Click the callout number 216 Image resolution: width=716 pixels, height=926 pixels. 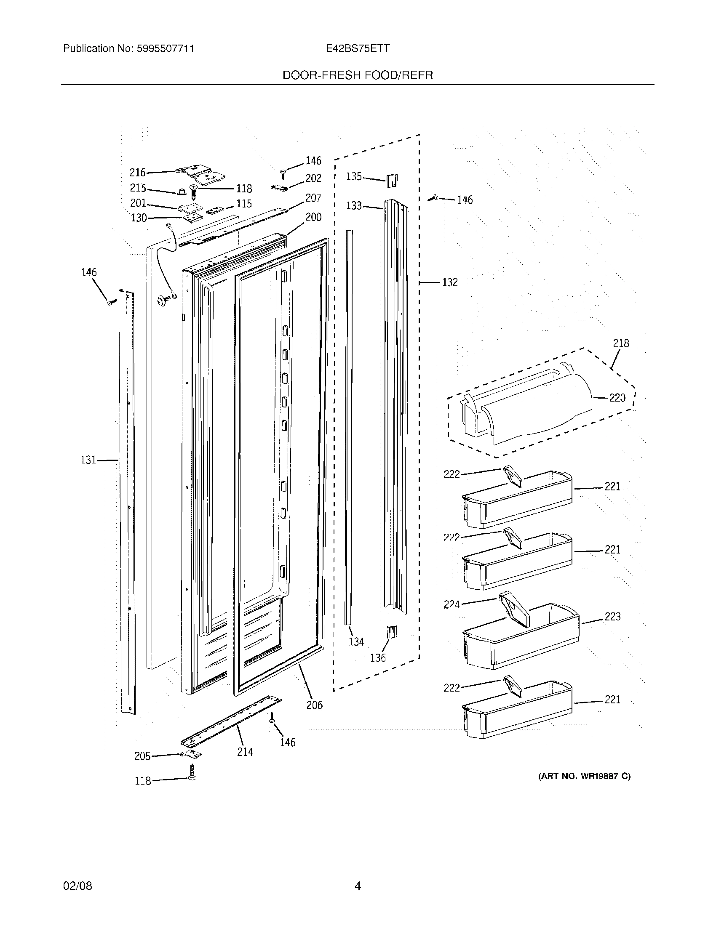[x=137, y=172]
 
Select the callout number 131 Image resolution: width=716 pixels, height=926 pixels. [x=88, y=460]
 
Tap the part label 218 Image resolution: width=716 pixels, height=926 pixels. [x=621, y=343]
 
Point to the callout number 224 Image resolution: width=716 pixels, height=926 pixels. [x=452, y=604]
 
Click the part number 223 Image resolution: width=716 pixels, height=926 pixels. [x=612, y=617]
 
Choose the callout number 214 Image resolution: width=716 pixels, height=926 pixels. [x=245, y=752]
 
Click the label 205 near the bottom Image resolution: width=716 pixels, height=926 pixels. [x=142, y=756]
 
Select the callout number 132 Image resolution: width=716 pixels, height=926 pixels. [x=450, y=282]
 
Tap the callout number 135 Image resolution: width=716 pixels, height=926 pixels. [x=354, y=176]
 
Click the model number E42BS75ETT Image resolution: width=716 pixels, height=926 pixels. [x=358, y=48]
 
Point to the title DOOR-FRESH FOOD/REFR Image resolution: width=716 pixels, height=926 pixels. [x=358, y=75]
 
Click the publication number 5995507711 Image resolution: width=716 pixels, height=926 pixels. [x=165, y=48]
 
